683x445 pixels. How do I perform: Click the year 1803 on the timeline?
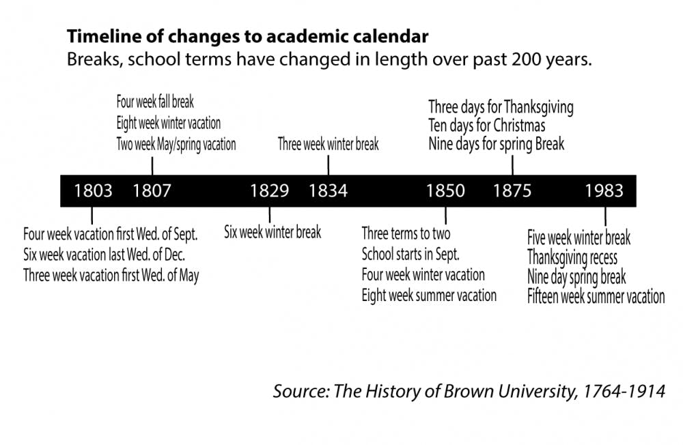[x=93, y=190]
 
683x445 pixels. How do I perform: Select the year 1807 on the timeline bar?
[x=152, y=190]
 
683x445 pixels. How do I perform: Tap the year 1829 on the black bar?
[x=269, y=190]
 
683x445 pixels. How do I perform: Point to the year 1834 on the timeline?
[x=328, y=190]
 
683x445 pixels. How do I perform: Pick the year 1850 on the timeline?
[x=445, y=190]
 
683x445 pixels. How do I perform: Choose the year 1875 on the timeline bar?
[x=512, y=190]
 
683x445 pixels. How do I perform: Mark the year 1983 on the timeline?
[x=604, y=190]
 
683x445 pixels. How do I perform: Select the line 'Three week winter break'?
[x=328, y=145]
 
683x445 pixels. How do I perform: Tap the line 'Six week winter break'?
[x=273, y=232]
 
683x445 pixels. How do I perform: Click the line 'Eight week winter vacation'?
[x=168, y=124]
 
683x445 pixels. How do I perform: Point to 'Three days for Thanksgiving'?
[x=501, y=107]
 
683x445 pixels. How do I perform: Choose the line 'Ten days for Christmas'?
[x=486, y=126]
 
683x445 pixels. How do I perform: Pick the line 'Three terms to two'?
[x=406, y=233]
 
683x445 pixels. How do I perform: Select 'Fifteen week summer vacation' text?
[x=596, y=296]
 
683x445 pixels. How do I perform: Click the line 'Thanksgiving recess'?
[x=572, y=257]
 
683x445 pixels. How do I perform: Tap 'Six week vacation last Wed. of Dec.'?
[x=104, y=255]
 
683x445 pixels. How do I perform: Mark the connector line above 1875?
[x=512, y=164]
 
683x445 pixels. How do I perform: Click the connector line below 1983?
[x=604, y=217]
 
